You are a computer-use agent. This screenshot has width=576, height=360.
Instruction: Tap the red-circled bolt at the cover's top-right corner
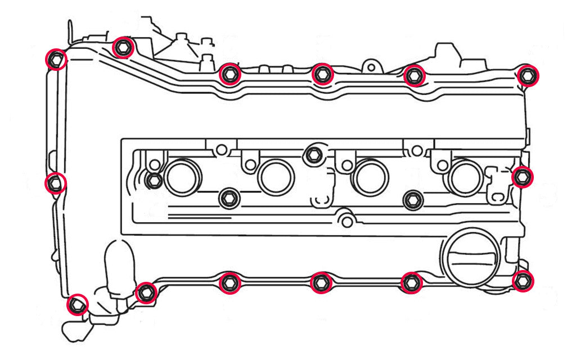coord(528,75)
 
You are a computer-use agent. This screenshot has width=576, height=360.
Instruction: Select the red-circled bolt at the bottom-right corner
coord(523,280)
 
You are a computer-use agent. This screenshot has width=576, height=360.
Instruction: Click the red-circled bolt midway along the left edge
coord(55,183)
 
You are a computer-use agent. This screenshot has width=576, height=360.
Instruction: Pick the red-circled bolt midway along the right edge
coord(523,177)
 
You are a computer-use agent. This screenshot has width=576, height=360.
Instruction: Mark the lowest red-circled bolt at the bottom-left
coord(77,305)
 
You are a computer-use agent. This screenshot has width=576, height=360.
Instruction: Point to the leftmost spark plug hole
coord(182,177)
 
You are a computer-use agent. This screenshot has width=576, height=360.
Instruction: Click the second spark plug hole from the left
coord(276,177)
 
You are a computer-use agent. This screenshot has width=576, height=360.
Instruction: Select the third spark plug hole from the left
coord(370,177)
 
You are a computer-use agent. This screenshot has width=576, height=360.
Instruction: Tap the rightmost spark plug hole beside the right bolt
coord(462,177)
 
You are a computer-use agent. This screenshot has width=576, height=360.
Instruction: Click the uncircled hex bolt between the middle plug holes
coord(313,156)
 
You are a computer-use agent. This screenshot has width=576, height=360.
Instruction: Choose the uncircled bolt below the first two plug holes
coord(228,197)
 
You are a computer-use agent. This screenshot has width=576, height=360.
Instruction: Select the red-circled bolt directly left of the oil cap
coord(412,282)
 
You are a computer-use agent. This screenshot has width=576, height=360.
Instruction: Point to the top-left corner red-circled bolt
coord(55,59)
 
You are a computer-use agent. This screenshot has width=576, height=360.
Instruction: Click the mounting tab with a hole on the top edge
coord(370,67)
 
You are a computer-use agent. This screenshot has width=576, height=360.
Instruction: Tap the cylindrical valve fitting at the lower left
coord(118,264)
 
